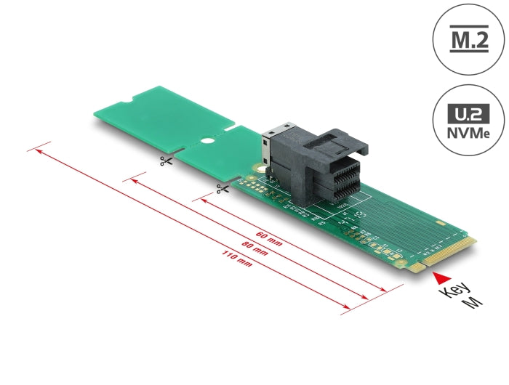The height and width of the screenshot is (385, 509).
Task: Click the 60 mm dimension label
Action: [x=270, y=238]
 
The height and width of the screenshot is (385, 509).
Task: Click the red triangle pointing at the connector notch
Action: [x=438, y=276]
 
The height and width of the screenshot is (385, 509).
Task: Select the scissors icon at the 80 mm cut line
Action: [x=166, y=161]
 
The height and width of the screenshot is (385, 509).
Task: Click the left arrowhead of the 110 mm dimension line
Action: [x=31, y=152]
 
